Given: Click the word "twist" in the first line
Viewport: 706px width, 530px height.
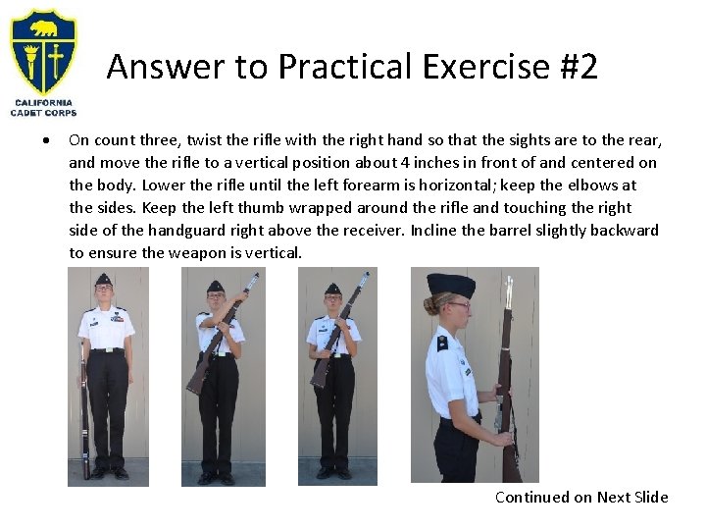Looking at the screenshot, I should click(207, 139).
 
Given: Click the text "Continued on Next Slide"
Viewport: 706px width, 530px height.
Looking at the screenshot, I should click(581, 497).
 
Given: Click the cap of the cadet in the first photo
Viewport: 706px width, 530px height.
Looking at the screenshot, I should click(103, 280).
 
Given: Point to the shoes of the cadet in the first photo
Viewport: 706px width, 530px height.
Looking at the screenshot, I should click(108, 473).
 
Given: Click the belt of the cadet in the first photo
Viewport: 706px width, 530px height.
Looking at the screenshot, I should click(106, 349).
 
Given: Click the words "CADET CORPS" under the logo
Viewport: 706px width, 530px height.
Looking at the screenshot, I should click(42, 112).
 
